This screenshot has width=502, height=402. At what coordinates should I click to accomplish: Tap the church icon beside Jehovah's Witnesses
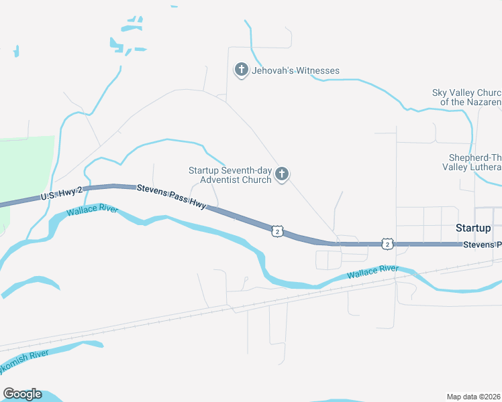click(x=241, y=70)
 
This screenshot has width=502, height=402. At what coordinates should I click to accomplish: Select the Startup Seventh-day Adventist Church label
click(x=230, y=175)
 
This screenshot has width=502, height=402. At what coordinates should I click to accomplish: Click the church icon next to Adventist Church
click(x=282, y=175)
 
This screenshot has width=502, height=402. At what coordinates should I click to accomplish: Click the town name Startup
click(x=473, y=228)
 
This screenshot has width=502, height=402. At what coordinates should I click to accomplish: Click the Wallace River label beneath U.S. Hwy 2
click(x=92, y=211)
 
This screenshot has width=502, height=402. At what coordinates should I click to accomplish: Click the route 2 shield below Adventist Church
click(x=277, y=231)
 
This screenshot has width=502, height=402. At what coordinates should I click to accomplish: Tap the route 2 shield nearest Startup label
click(x=387, y=245)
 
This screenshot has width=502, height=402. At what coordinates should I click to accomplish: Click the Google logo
click(x=22, y=394)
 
